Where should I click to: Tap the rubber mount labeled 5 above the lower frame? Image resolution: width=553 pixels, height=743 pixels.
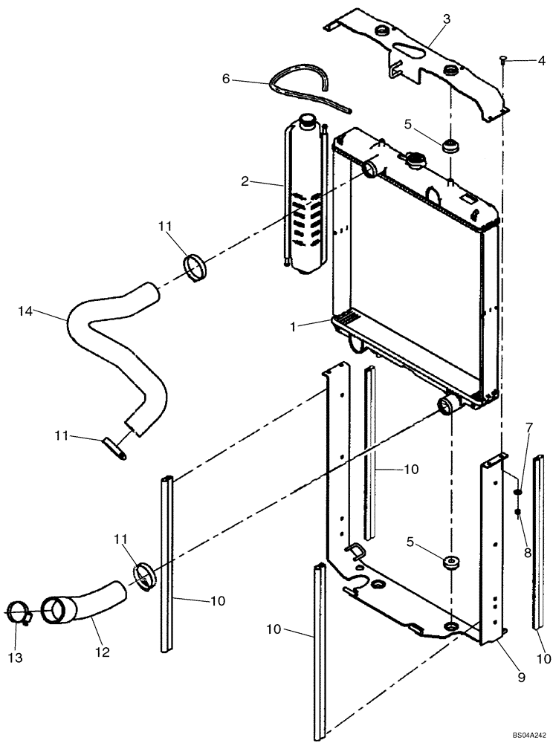click(x=449, y=565)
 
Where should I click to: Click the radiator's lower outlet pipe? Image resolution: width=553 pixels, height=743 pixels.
click(x=447, y=406)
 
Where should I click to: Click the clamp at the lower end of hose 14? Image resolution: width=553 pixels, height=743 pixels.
click(x=117, y=447)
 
